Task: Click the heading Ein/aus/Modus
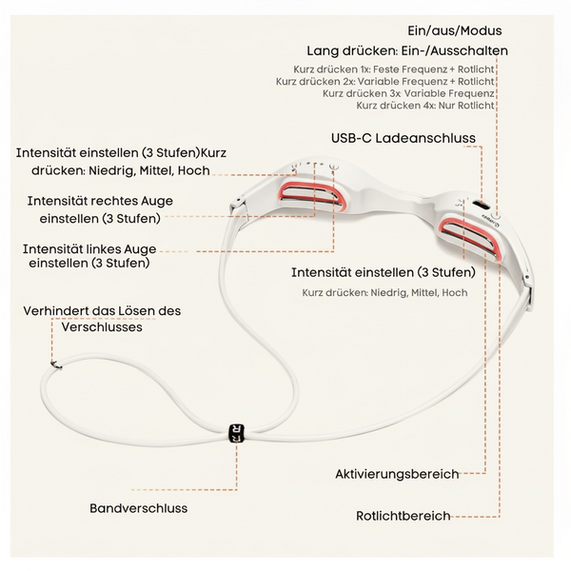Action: coord(455,31)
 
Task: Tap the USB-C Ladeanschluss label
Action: coord(404,138)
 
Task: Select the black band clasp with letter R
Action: coord(236,433)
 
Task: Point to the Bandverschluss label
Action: coord(138,508)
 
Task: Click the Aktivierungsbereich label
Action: coord(397,474)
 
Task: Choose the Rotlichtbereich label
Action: coord(404,516)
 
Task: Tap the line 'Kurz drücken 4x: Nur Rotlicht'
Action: coord(425,106)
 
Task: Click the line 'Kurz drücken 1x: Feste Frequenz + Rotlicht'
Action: coord(394,69)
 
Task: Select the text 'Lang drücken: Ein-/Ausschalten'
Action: coord(407,50)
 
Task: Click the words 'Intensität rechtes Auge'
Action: coord(100,201)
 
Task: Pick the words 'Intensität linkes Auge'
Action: coord(89,249)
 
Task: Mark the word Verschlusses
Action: coord(102,326)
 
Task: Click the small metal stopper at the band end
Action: coord(56,364)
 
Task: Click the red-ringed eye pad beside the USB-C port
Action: coord(471,239)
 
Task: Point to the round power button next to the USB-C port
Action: coord(495,214)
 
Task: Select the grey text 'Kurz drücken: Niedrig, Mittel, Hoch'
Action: coord(384,293)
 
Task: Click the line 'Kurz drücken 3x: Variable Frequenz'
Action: coord(408,93)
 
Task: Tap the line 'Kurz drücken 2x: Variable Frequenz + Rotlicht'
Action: coord(384,81)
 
